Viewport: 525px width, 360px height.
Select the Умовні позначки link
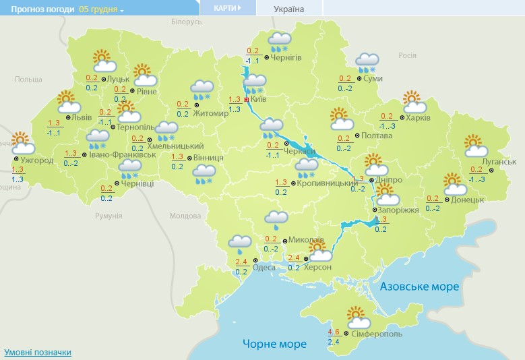[38, 353]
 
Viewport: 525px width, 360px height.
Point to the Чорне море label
[274, 344]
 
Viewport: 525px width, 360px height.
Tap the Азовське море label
[419, 287]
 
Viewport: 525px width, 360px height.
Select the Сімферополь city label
[377, 334]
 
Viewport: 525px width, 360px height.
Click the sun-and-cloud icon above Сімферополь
[358, 316]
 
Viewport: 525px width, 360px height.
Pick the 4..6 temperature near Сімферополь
[334, 332]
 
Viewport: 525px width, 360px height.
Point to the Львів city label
[82, 117]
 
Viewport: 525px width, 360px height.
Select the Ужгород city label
[37, 161]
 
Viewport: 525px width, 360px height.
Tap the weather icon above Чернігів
[279, 41]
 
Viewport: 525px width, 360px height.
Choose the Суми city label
[373, 79]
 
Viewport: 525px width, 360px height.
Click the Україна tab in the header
[289, 9]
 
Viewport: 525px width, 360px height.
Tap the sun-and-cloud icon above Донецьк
[455, 183]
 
